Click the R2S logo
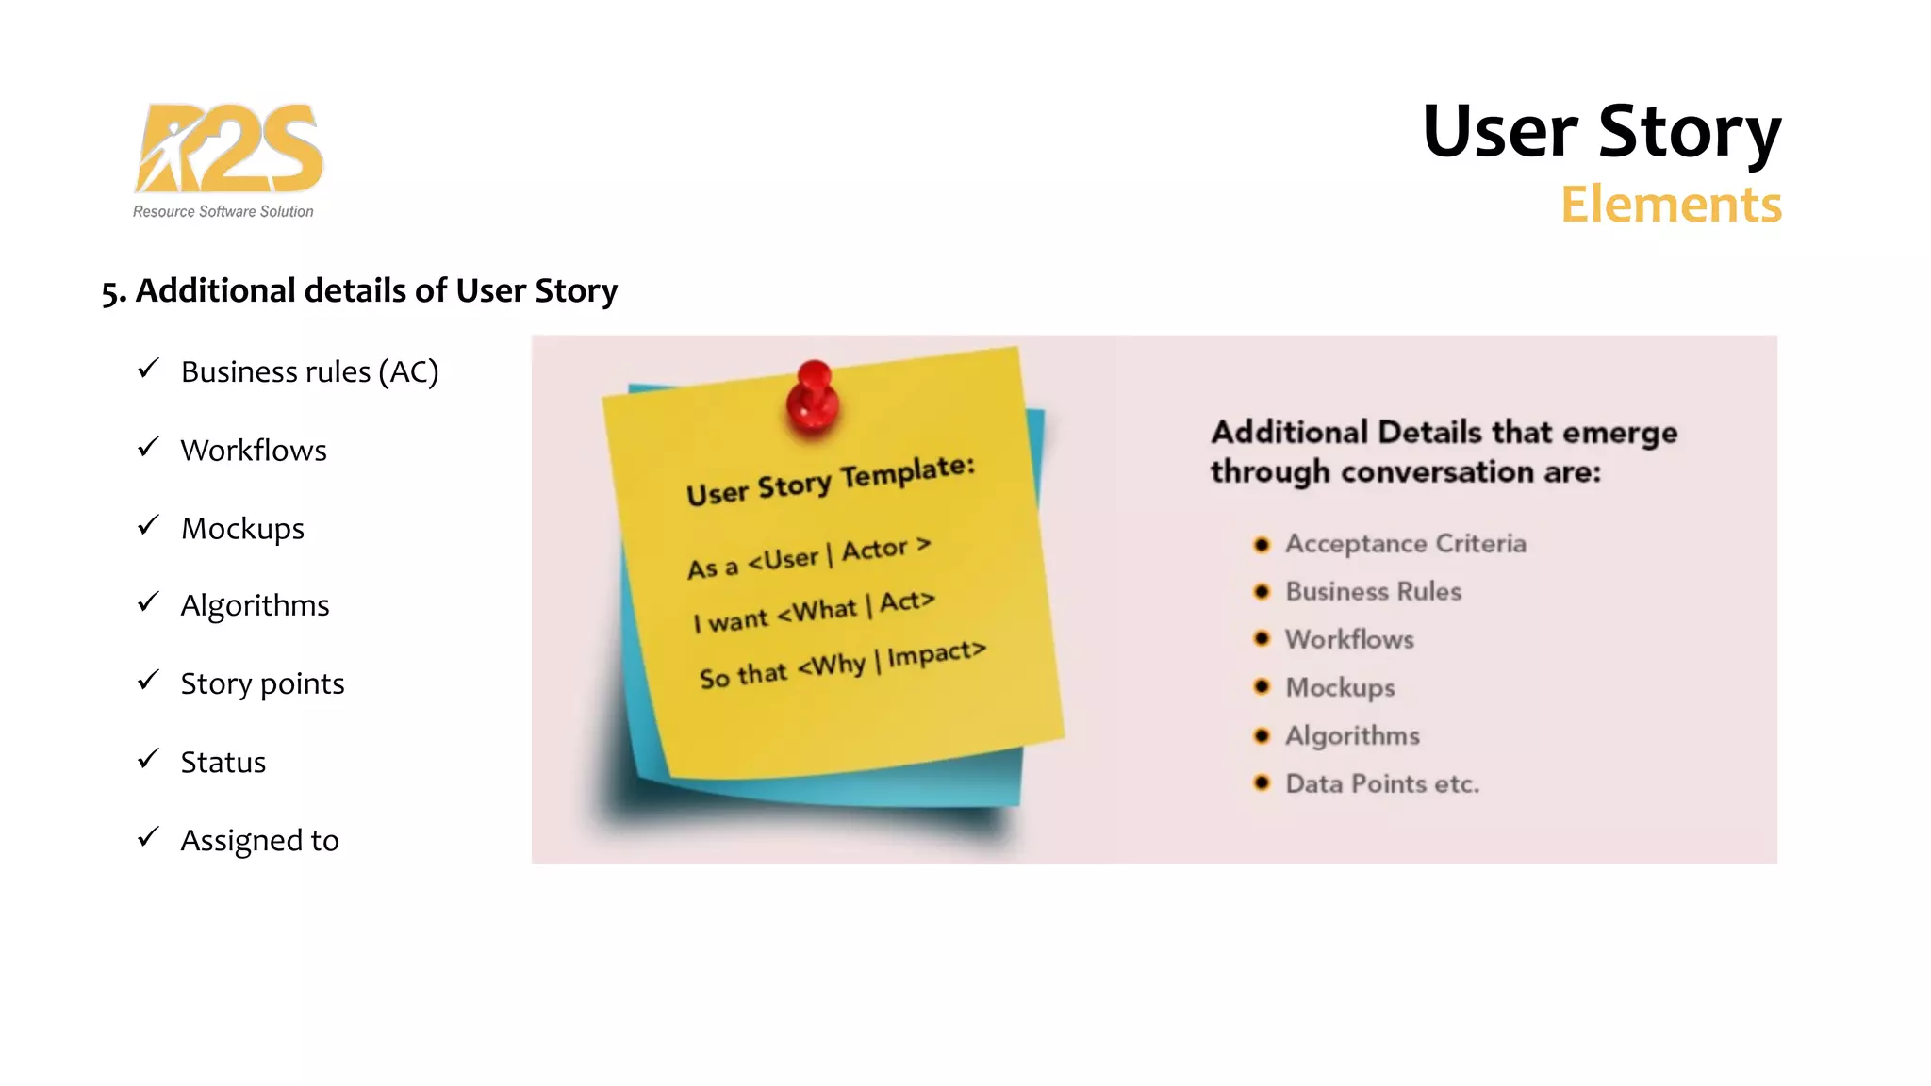click(229, 149)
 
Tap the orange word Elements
click(1670, 205)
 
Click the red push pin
click(814, 398)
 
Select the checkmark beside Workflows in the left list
click(148, 447)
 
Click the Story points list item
click(262, 683)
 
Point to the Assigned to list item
click(259, 840)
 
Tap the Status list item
click(223, 762)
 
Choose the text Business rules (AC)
click(309, 372)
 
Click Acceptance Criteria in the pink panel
click(1405, 544)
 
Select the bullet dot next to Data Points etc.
click(1262, 782)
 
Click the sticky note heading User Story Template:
click(830, 481)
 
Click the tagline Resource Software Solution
click(223, 212)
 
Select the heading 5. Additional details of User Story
click(359, 290)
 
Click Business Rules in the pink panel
click(1373, 592)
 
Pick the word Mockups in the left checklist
click(242, 529)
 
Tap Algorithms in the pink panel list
click(1352, 735)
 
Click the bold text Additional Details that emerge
click(1444, 433)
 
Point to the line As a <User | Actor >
click(808, 558)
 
